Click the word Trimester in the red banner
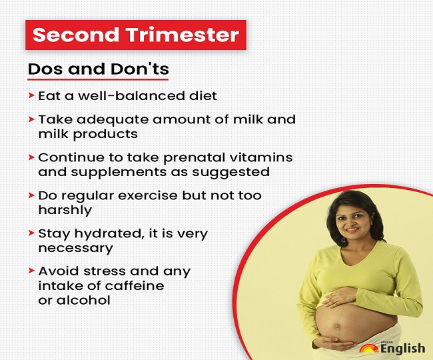(x=183, y=35)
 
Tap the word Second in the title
(x=76, y=35)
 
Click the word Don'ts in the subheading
(x=140, y=69)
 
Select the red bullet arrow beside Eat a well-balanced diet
(x=31, y=95)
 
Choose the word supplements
(x=119, y=173)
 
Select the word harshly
(x=65, y=210)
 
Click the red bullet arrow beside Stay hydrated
(x=31, y=233)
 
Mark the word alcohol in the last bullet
(x=83, y=300)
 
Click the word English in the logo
(x=402, y=349)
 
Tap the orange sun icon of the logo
(x=369, y=349)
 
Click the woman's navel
(x=337, y=325)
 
